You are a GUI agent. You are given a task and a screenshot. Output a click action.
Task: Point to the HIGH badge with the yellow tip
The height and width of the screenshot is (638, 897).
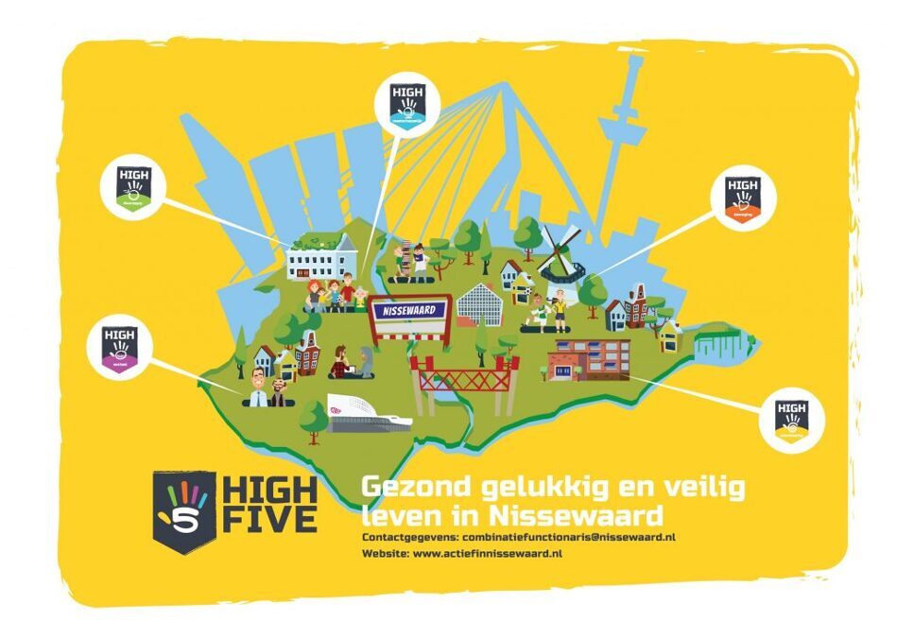pyautogui.click(x=792, y=421)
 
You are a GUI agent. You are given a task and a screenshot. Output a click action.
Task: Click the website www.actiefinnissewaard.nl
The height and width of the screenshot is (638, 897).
pyautogui.click(x=488, y=552)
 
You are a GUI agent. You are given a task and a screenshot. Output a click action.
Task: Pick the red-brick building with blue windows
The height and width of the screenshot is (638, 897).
pyautogui.click(x=588, y=359)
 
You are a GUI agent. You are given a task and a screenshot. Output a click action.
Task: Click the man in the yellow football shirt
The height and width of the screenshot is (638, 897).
pyautogui.click(x=561, y=309)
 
